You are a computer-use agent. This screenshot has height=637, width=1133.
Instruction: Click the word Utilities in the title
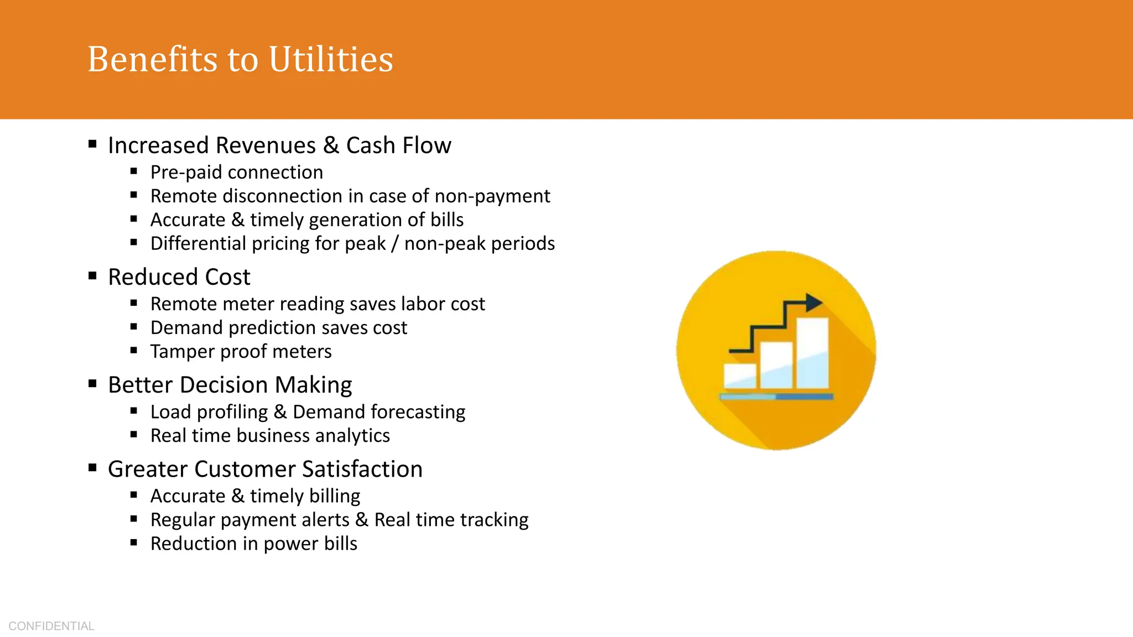[331, 59]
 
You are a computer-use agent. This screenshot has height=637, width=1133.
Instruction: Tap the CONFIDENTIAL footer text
[51, 626]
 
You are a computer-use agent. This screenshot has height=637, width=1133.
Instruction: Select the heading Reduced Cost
[179, 277]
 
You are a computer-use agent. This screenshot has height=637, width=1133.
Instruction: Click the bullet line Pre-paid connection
[236, 173]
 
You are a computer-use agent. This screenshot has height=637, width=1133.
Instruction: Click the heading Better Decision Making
[230, 385]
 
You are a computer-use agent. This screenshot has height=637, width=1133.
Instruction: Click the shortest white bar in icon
[740, 375]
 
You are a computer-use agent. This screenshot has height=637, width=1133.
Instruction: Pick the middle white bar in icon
[776, 364]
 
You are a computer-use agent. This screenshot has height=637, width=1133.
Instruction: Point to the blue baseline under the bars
[776, 396]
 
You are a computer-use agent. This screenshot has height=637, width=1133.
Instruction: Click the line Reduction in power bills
[253, 544]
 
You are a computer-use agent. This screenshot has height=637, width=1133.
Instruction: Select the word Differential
[198, 244]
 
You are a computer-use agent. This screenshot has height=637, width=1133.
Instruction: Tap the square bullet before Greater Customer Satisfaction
[92, 468]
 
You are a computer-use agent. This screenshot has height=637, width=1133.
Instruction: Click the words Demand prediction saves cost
[278, 328]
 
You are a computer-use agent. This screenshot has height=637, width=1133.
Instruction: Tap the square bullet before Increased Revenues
[92, 144]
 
